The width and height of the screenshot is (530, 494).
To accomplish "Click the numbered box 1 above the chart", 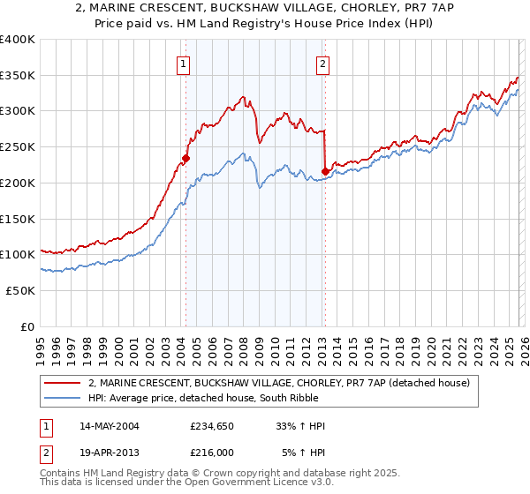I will pyautogui.click(x=183, y=63).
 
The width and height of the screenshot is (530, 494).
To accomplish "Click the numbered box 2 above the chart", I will pyautogui.click(x=322, y=63).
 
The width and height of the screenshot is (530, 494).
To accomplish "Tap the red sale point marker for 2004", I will pyautogui.click(x=185, y=159).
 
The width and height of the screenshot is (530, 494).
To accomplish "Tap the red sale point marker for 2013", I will pyautogui.click(x=325, y=172).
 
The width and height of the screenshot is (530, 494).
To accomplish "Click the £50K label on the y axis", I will pyautogui.click(x=21, y=290).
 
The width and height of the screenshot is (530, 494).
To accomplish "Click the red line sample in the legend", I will pyautogui.click(x=64, y=383).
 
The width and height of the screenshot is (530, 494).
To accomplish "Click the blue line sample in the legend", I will pyautogui.click(x=64, y=398).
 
